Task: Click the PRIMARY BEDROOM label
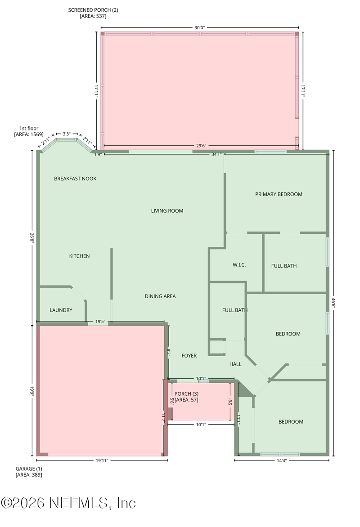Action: coord(279,194)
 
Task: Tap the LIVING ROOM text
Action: coord(167,210)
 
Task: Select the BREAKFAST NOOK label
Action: coord(75,179)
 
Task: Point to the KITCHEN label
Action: coord(79,256)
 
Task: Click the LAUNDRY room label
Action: coord(61,310)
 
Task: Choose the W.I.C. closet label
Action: coord(239,265)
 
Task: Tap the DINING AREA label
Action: coord(160,296)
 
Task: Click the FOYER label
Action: coord(189,356)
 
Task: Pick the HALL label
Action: coord(235,364)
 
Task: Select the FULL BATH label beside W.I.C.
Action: coord(283,266)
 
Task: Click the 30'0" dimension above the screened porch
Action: coord(199,27)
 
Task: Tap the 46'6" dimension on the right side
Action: coord(333,302)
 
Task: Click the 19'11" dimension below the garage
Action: coord(102,460)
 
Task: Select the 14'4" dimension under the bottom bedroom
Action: coord(280,460)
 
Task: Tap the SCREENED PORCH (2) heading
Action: coord(93,9)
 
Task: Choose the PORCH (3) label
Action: coord(186,394)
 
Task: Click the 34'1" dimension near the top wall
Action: coord(216,154)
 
